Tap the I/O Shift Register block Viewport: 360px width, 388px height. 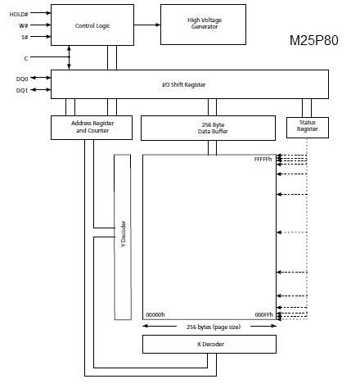click(190, 84)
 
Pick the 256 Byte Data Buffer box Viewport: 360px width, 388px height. click(208, 127)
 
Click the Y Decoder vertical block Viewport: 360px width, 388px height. click(124, 237)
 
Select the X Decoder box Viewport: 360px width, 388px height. click(208, 344)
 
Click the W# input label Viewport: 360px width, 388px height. click(25, 25)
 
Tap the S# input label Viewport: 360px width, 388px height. click(26, 37)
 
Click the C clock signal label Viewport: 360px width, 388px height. click(25, 57)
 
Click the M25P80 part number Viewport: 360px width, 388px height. click(314, 39)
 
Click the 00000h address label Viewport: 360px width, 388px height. click(155, 314)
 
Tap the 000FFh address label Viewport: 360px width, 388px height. click(263, 314)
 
